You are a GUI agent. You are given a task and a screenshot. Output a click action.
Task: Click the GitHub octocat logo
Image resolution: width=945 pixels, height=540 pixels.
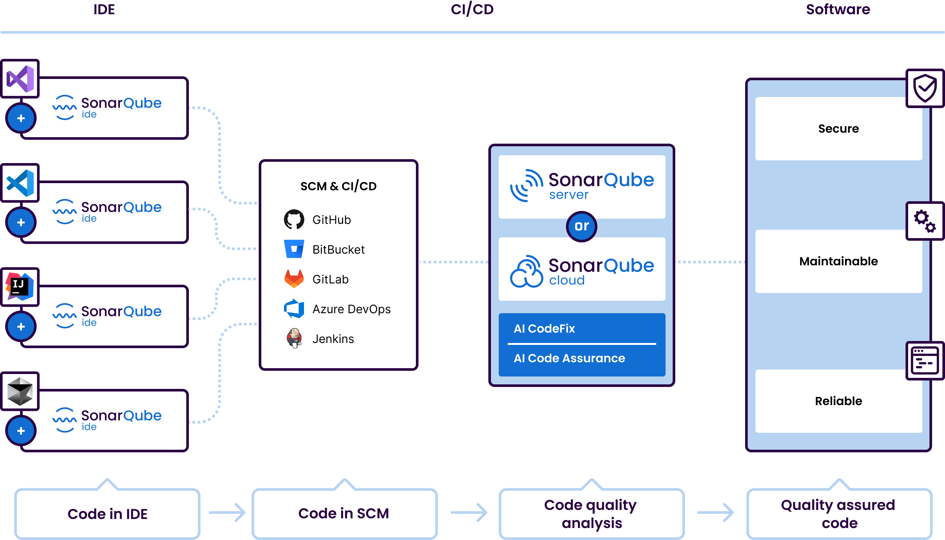click(294, 220)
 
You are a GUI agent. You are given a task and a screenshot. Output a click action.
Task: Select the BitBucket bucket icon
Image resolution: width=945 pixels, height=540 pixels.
click(294, 249)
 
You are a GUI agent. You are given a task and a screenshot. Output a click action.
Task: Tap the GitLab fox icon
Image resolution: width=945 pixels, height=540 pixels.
click(294, 279)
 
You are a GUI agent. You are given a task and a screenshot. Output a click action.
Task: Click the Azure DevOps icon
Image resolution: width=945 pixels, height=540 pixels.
click(294, 309)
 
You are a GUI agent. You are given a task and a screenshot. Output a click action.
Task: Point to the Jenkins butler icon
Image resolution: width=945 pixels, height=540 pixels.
click(294, 338)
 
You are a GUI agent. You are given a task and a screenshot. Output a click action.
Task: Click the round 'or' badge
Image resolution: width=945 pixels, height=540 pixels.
click(581, 226)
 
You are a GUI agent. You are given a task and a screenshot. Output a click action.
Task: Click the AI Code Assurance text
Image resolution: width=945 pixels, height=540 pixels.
click(569, 358)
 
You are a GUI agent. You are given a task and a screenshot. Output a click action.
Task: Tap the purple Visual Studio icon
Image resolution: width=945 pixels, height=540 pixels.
click(20, 79)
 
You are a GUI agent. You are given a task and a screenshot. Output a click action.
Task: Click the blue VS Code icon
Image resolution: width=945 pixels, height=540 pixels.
click(20, 183)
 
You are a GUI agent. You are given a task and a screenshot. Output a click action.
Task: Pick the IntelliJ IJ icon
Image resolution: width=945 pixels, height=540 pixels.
click(20, 287)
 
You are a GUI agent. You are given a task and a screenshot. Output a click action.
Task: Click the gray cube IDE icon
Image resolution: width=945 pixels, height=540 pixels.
click(20, 391)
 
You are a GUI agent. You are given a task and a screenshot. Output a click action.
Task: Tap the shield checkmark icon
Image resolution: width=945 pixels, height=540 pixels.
click(925, 88)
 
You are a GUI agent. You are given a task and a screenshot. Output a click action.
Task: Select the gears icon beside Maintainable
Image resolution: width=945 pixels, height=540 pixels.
click(925, 221)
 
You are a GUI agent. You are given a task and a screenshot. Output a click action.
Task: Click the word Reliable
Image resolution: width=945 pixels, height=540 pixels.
click(838, 401)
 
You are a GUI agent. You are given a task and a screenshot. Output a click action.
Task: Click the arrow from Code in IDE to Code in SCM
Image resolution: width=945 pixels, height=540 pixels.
click(227, 512)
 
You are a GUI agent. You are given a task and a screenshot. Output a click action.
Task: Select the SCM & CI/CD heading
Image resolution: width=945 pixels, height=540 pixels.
click(338, 186)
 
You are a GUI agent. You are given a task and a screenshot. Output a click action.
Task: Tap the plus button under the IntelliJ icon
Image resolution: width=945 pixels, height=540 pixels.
click(21, 326)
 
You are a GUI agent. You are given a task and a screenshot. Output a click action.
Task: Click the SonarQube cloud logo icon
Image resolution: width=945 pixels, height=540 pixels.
click(526, 271)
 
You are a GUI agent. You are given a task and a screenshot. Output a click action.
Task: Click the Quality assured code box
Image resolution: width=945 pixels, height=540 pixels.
click(839, 514)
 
